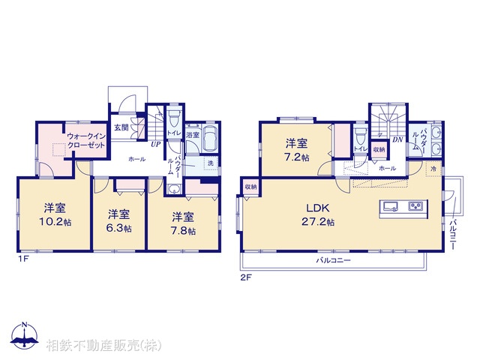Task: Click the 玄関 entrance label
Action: click(121, 127)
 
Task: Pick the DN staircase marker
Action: click(398, 139)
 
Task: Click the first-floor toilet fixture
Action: click(174, 118)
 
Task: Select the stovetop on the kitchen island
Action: click(415, 206)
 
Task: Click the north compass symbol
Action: click(24, 335)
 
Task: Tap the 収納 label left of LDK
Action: click(250, 186)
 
